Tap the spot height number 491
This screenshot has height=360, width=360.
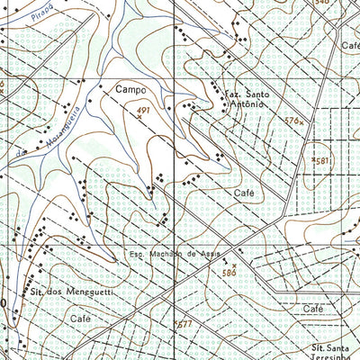click(x=142, y=110)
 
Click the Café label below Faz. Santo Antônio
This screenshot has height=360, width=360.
click(x=244, y=193)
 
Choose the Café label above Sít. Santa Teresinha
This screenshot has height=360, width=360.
click(x=312, y=309)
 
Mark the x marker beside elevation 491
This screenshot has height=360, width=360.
click(x=139, y=118)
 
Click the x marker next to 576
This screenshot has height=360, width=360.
click(x=303, y=121)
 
